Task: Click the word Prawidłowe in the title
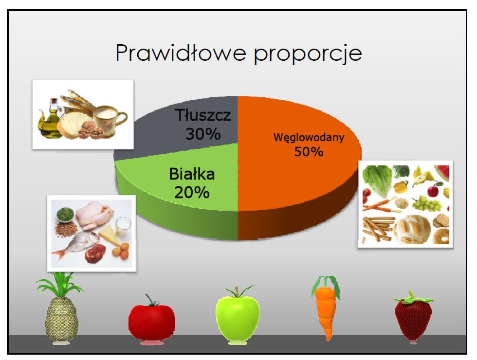(x=181, y=53)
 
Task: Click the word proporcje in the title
(x=308, y=54)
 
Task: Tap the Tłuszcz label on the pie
(x=203, y=115)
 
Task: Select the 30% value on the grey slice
(x=203, y=134)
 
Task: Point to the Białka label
(x=192, y=174)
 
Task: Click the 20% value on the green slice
(x=192, y=193)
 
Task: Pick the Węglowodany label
(x=309, y=138)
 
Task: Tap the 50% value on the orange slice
(x=309, y=151)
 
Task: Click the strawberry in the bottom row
(x=413, y=317)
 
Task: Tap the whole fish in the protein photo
(x=76, y=244)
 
